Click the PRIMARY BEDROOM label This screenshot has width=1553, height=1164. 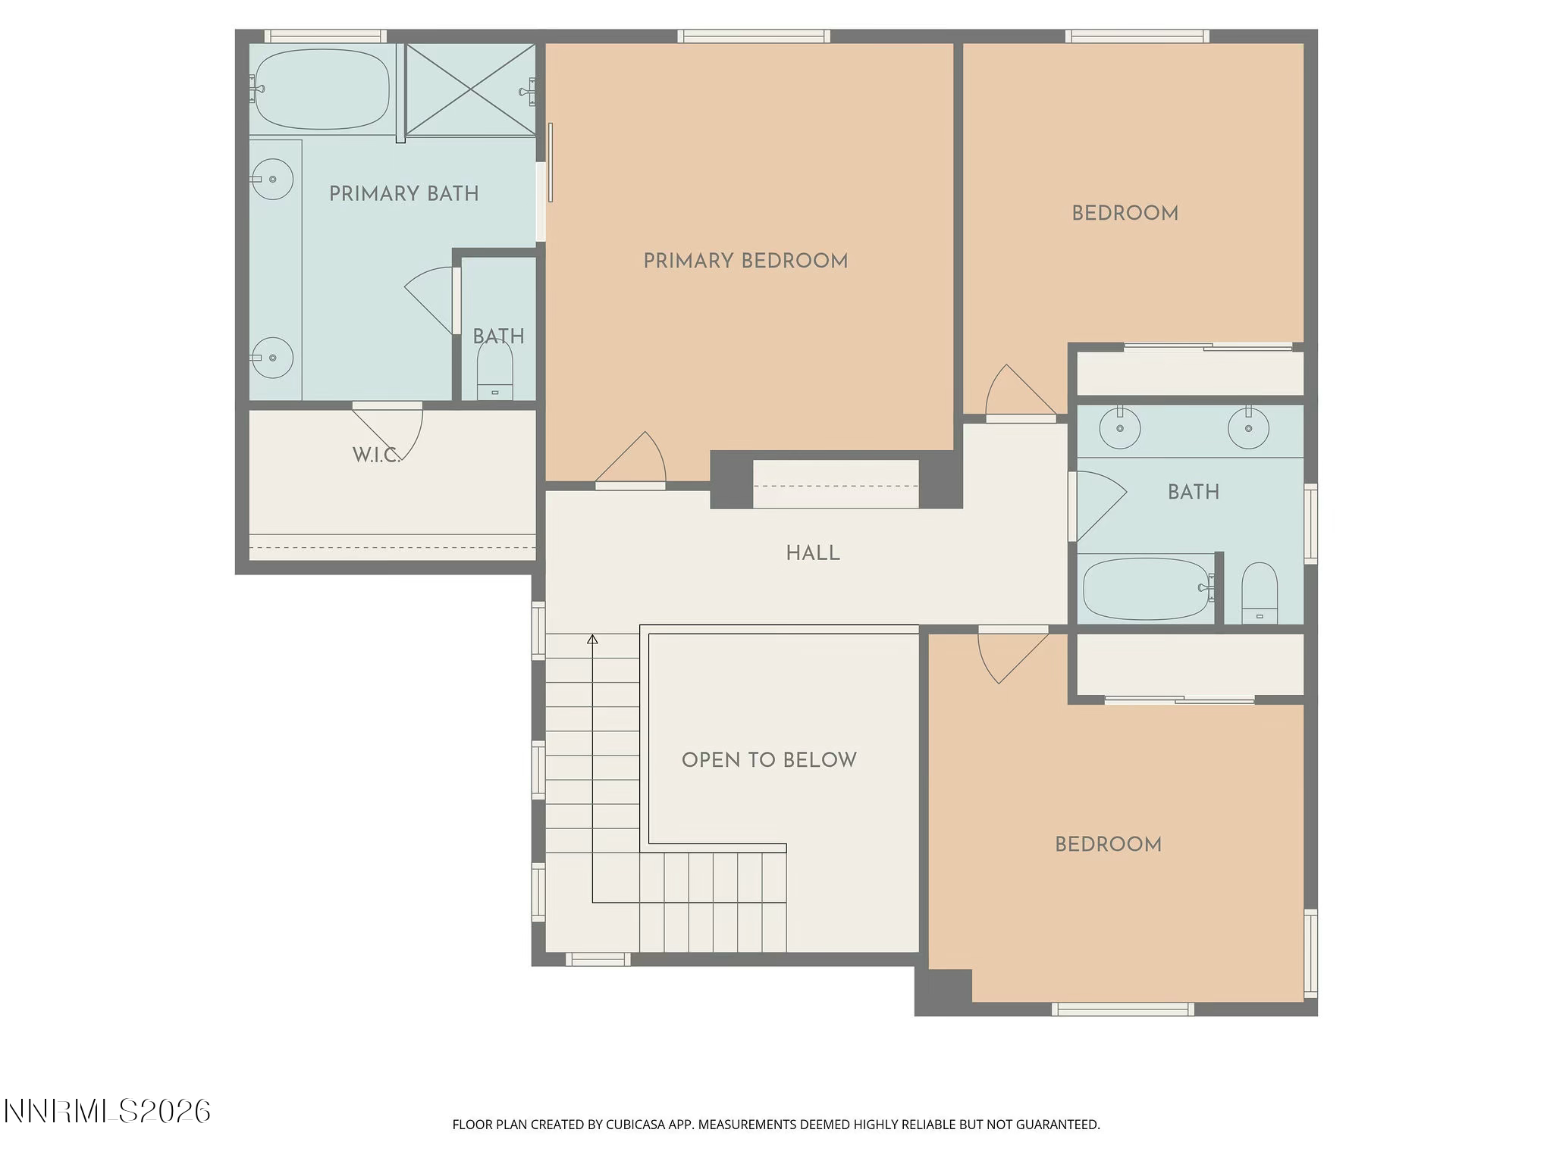(745, 261)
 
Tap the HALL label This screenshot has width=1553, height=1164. (813, 553)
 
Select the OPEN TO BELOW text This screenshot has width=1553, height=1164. (769, 760)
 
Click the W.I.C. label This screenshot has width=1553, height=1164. (376, 455)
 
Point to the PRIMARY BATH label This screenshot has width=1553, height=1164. (403, 194)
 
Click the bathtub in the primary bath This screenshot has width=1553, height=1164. (322, 89)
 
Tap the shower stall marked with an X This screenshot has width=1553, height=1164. (470, 90)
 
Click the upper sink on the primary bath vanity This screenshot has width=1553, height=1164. (273, 180)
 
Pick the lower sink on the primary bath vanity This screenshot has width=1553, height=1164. (273, 358)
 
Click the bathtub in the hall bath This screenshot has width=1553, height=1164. (1145, 589)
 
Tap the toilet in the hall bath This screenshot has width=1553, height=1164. (1260, 593)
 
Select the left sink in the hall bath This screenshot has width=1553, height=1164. (1120, 428)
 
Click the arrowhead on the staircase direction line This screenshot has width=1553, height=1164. (592, 640)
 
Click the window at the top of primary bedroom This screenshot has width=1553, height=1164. (754, 36)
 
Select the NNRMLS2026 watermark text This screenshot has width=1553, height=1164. (107, 1112)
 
